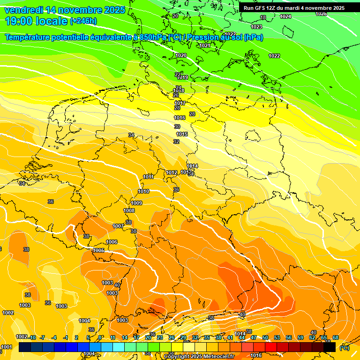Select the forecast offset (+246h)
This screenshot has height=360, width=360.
click(x=83, y=21)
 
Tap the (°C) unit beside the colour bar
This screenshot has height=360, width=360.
click(x=344, y=348)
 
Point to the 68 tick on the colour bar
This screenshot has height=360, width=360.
click(x=336, y=337)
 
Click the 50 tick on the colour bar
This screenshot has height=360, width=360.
click(x=265, y=337)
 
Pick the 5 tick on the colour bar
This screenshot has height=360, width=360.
click(x=88, y=337)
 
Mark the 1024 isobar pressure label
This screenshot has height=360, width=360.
click(x=285, y=16)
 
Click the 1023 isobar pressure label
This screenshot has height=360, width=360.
click(x=256, y=27)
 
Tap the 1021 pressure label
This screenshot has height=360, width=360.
click(x=205, y=45)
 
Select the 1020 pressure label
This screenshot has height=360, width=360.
click(x=181, y=55)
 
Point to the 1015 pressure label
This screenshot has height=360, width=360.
click(x=182, y=135)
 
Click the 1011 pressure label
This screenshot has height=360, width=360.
click(x=149, y=177)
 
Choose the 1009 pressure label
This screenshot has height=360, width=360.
click(x=136, y=203)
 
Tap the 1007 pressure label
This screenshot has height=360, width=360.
click(x=119, y=226)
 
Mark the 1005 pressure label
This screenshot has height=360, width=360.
click(x=98, y=250)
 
